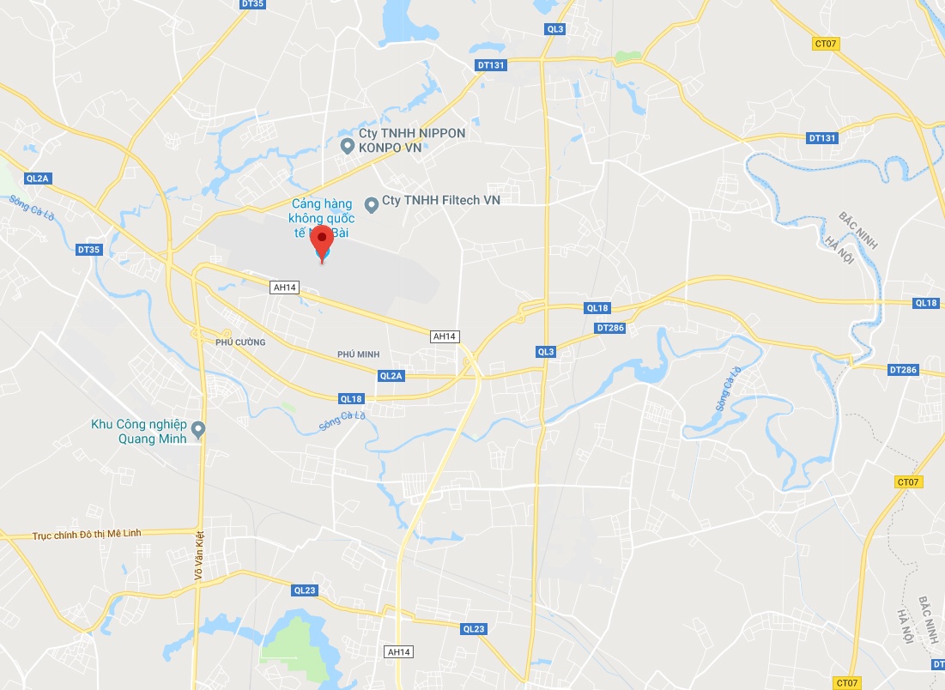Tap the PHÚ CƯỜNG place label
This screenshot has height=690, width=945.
240,342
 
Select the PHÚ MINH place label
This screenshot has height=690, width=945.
359,354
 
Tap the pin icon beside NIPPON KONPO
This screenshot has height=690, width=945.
348,146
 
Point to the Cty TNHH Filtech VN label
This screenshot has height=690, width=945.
441,200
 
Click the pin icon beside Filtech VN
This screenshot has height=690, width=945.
372,204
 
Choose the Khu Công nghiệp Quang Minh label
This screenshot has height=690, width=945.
142,430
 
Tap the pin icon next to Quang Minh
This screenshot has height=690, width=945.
199,430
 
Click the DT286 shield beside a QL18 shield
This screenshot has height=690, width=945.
610,328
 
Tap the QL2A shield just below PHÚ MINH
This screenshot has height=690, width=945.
391,376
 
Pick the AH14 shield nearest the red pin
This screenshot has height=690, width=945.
284,287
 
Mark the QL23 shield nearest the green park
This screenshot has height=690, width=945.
306,590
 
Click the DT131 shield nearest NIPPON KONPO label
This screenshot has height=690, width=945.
491,65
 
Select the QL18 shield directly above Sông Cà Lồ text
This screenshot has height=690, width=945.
352,398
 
